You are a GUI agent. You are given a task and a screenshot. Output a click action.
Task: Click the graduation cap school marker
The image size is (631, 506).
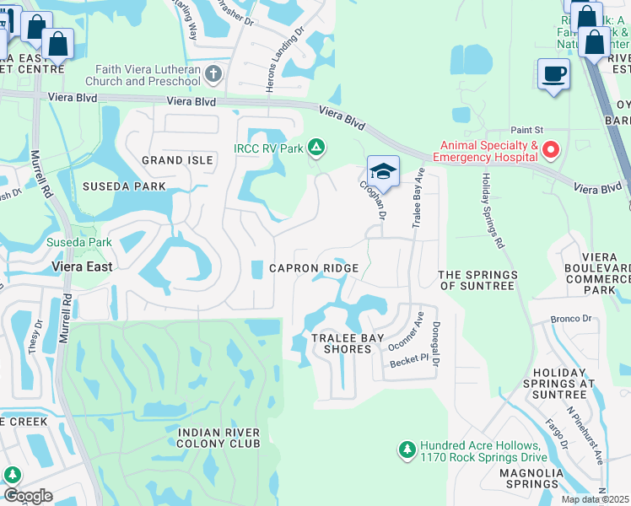tap(383, 170)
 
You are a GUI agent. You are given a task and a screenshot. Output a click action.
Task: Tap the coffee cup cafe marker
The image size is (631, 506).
tap(553, 74)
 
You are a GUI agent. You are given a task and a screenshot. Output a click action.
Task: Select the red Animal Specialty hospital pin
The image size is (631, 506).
tap(551, 150)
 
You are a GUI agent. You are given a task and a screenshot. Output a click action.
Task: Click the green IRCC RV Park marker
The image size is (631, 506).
tap(316, 148)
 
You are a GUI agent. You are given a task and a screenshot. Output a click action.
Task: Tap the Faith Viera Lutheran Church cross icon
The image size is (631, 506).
tap(213, 74)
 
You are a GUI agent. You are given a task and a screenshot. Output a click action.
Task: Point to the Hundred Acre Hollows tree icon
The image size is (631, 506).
tap(407, 450)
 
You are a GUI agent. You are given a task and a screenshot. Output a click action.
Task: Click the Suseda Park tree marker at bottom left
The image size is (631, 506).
tap(13, 476)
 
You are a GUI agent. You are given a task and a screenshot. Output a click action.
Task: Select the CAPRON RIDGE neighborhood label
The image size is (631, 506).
tap(314, 268)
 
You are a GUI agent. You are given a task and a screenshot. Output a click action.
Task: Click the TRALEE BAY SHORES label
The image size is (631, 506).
tap(342, 343)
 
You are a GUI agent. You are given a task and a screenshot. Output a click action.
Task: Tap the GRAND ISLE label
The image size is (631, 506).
tap(175, 160)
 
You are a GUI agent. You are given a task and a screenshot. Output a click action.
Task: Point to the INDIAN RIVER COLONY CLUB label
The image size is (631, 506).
tap(218, 439)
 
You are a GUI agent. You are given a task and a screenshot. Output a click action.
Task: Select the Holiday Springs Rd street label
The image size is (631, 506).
tap(493, 211)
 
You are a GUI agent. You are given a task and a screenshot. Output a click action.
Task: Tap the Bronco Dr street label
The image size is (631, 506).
tap(567, 320)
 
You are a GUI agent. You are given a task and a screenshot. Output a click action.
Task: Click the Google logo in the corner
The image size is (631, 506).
tap(27, 496)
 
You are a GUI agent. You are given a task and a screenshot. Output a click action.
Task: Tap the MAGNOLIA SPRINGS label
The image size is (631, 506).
tap(531, 479)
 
